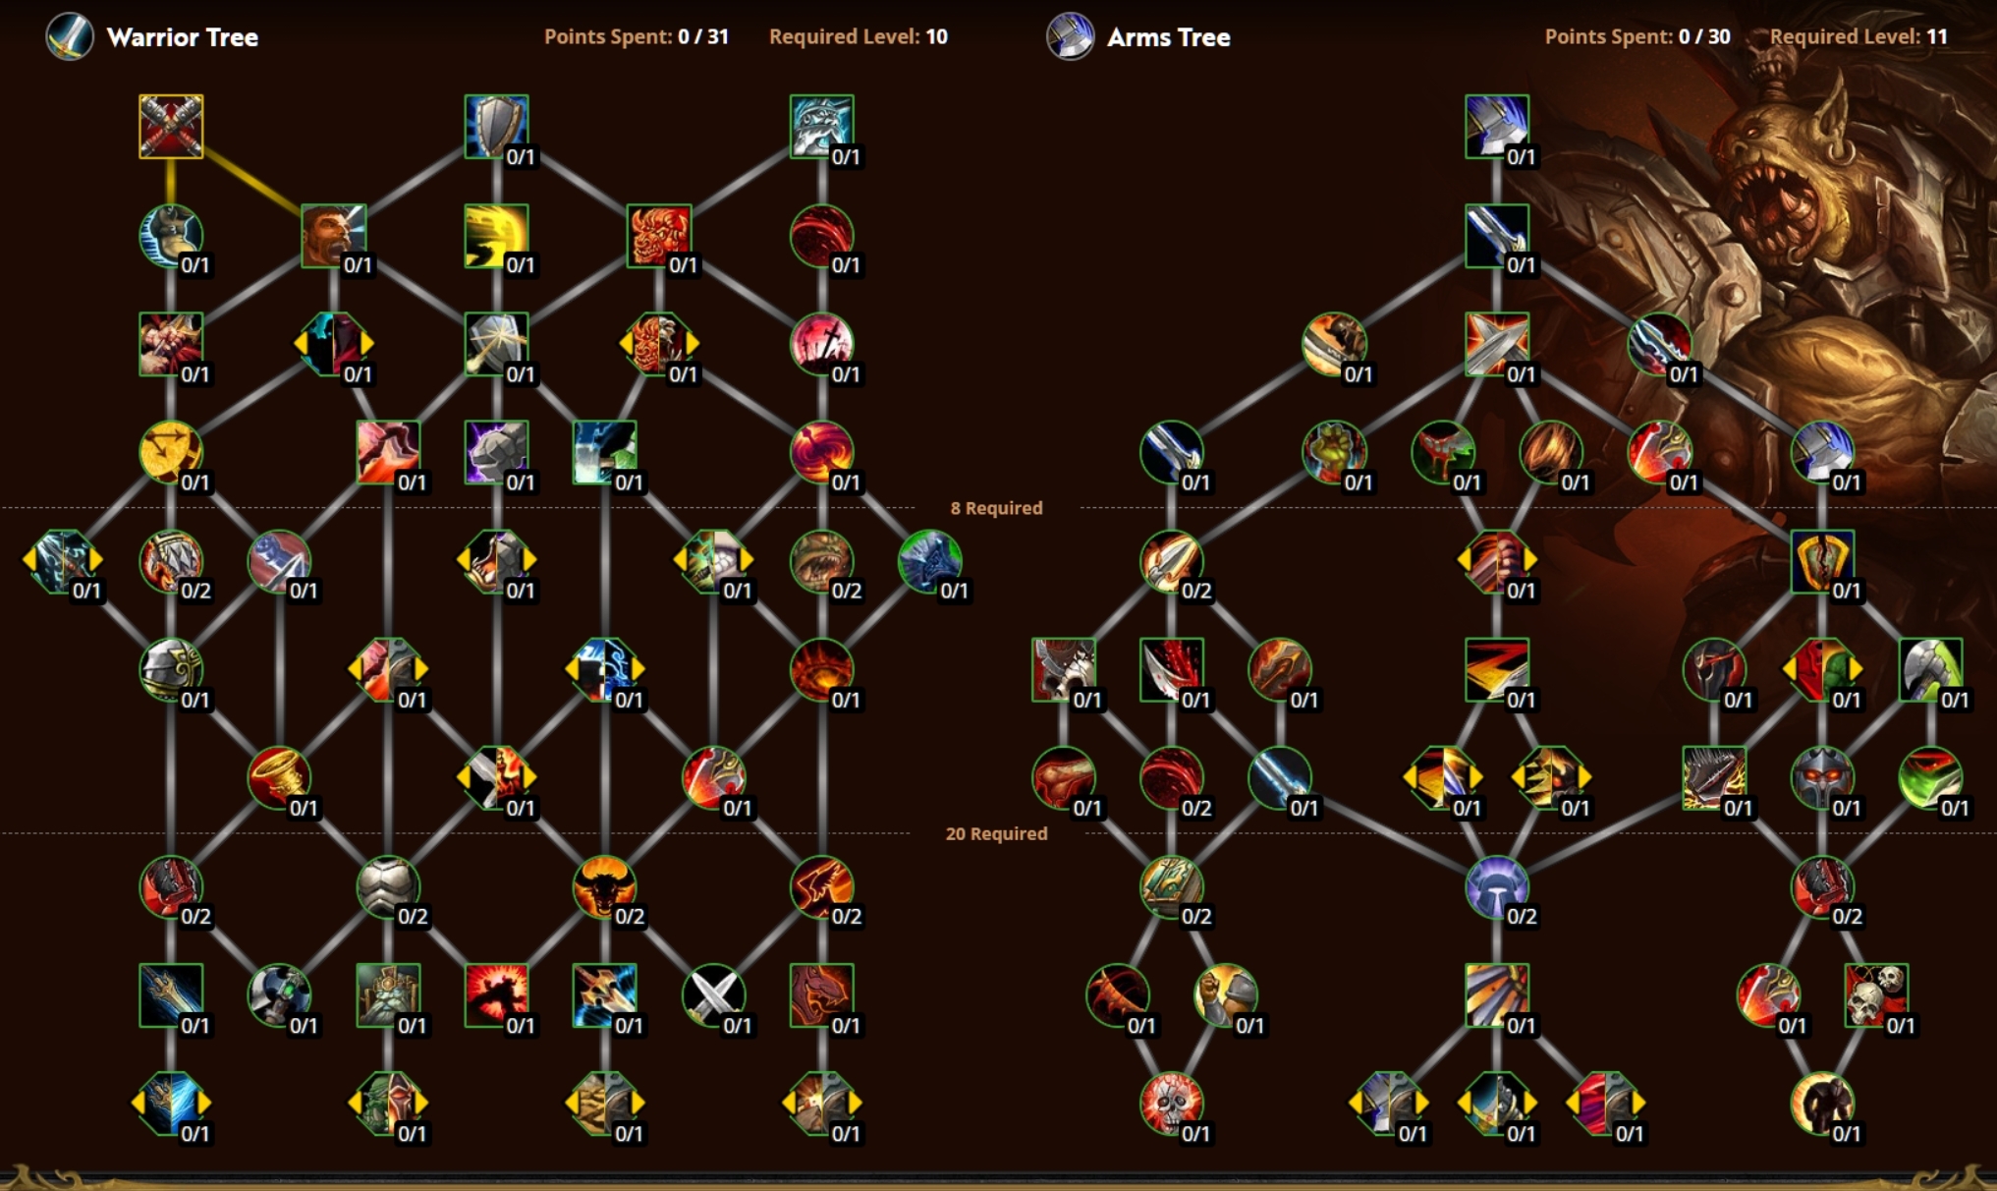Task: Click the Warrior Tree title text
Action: [x=182, y=37]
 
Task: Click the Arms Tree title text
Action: [x=1168, y=37]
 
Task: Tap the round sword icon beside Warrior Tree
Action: [x=70, y=37]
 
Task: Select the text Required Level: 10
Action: [x=858, y=37]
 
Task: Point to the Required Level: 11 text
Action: [x=1858, y=37]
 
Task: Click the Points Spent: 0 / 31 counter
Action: [x=636, y=37]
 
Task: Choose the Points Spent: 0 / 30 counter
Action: [x=1636, y=37]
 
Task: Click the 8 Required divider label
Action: [x=996, y=508]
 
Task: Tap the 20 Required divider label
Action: [x=996, y=833]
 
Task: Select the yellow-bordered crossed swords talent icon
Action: [x=171, y=127]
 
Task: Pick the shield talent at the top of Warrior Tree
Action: [x=496, y=127]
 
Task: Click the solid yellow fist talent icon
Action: [x=496, y=236]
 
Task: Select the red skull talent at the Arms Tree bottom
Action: [x=1171, y=1103]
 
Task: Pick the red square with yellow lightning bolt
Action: [x=1496, y=669]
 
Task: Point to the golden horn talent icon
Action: [x=279, y=777]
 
